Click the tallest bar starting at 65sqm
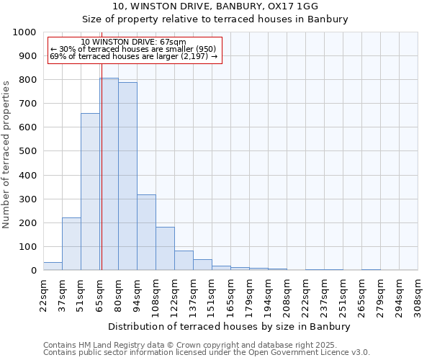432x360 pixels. coord(109,174)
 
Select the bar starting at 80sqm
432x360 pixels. coord(127,176)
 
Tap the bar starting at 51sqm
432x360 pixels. coord(90,192)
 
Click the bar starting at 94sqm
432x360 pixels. coord(146,233)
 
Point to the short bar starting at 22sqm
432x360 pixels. coord(53,266)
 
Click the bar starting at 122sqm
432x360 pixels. coord(184,261)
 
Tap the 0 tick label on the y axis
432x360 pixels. coord(33,271)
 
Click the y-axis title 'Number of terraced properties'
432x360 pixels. coord(6,154)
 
